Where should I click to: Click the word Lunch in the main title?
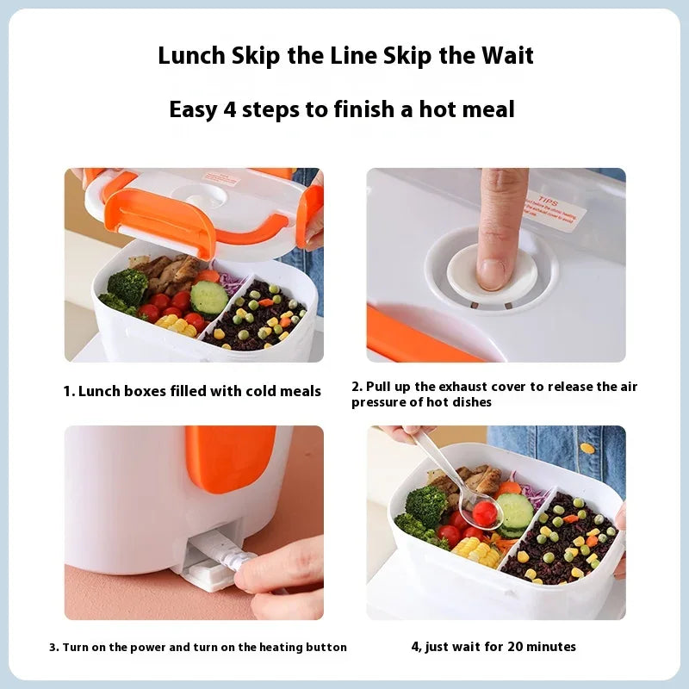tap(191, 56)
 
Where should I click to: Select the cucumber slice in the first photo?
tap(209, 297)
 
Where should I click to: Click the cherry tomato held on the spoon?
tap(485, 513)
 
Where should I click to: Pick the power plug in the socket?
tap(215, 551)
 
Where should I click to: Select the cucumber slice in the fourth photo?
tap(515, 512)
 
